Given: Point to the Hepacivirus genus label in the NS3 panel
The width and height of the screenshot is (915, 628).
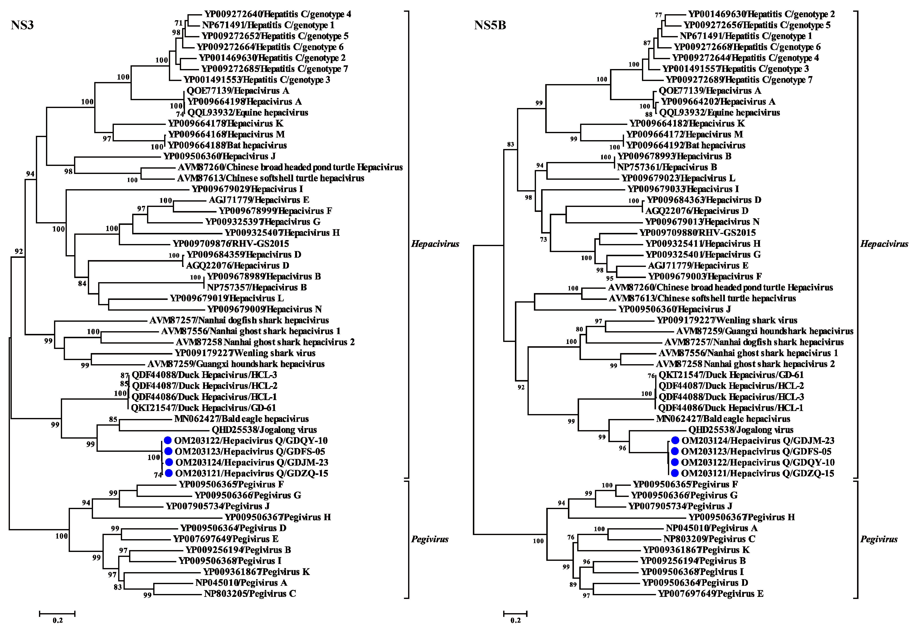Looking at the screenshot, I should point(435,244).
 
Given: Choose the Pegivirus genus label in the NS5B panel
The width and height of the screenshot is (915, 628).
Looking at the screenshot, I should point(879,539).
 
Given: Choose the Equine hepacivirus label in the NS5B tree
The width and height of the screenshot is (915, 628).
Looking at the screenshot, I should point(720,113).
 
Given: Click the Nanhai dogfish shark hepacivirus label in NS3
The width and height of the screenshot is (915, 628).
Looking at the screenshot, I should point(239,320).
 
